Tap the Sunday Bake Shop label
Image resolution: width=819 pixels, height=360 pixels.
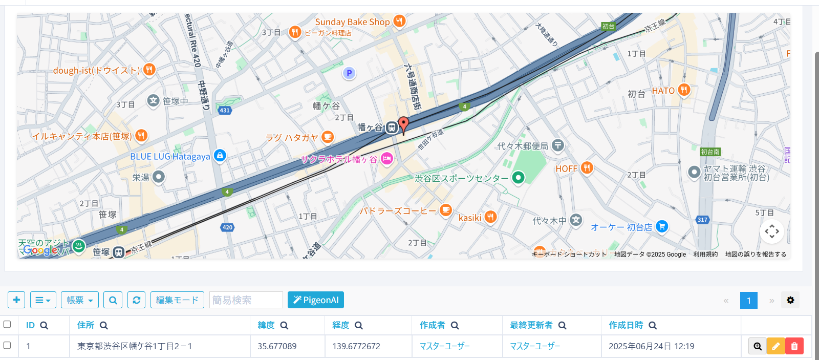(352, 22)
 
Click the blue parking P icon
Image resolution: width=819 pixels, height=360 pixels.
(349, 73)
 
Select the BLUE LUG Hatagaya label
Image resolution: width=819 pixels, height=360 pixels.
(170, 156)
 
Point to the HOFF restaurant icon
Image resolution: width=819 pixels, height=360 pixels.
(587, 168)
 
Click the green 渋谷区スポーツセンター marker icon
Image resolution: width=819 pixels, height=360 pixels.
(519, 178)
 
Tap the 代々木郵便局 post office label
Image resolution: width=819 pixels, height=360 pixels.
(523, 146)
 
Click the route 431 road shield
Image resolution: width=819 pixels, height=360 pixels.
(225, 110)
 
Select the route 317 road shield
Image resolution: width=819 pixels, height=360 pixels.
(702, 220)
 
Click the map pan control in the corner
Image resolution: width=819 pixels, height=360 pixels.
(772, 231)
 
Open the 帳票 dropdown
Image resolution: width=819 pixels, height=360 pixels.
(79, 300)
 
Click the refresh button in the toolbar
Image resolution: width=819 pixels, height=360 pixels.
(137, 300)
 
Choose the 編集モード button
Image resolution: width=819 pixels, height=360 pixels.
(177, 300)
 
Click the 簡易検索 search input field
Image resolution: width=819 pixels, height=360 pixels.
(246, 300)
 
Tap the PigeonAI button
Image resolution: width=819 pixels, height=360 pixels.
(315, 300)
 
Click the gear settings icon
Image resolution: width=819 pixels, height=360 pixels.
(790, 300)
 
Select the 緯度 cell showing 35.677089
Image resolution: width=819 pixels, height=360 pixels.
(277, 346)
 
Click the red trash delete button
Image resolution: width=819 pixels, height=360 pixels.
(794, 346)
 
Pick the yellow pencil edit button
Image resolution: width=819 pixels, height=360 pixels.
(776, 346)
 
